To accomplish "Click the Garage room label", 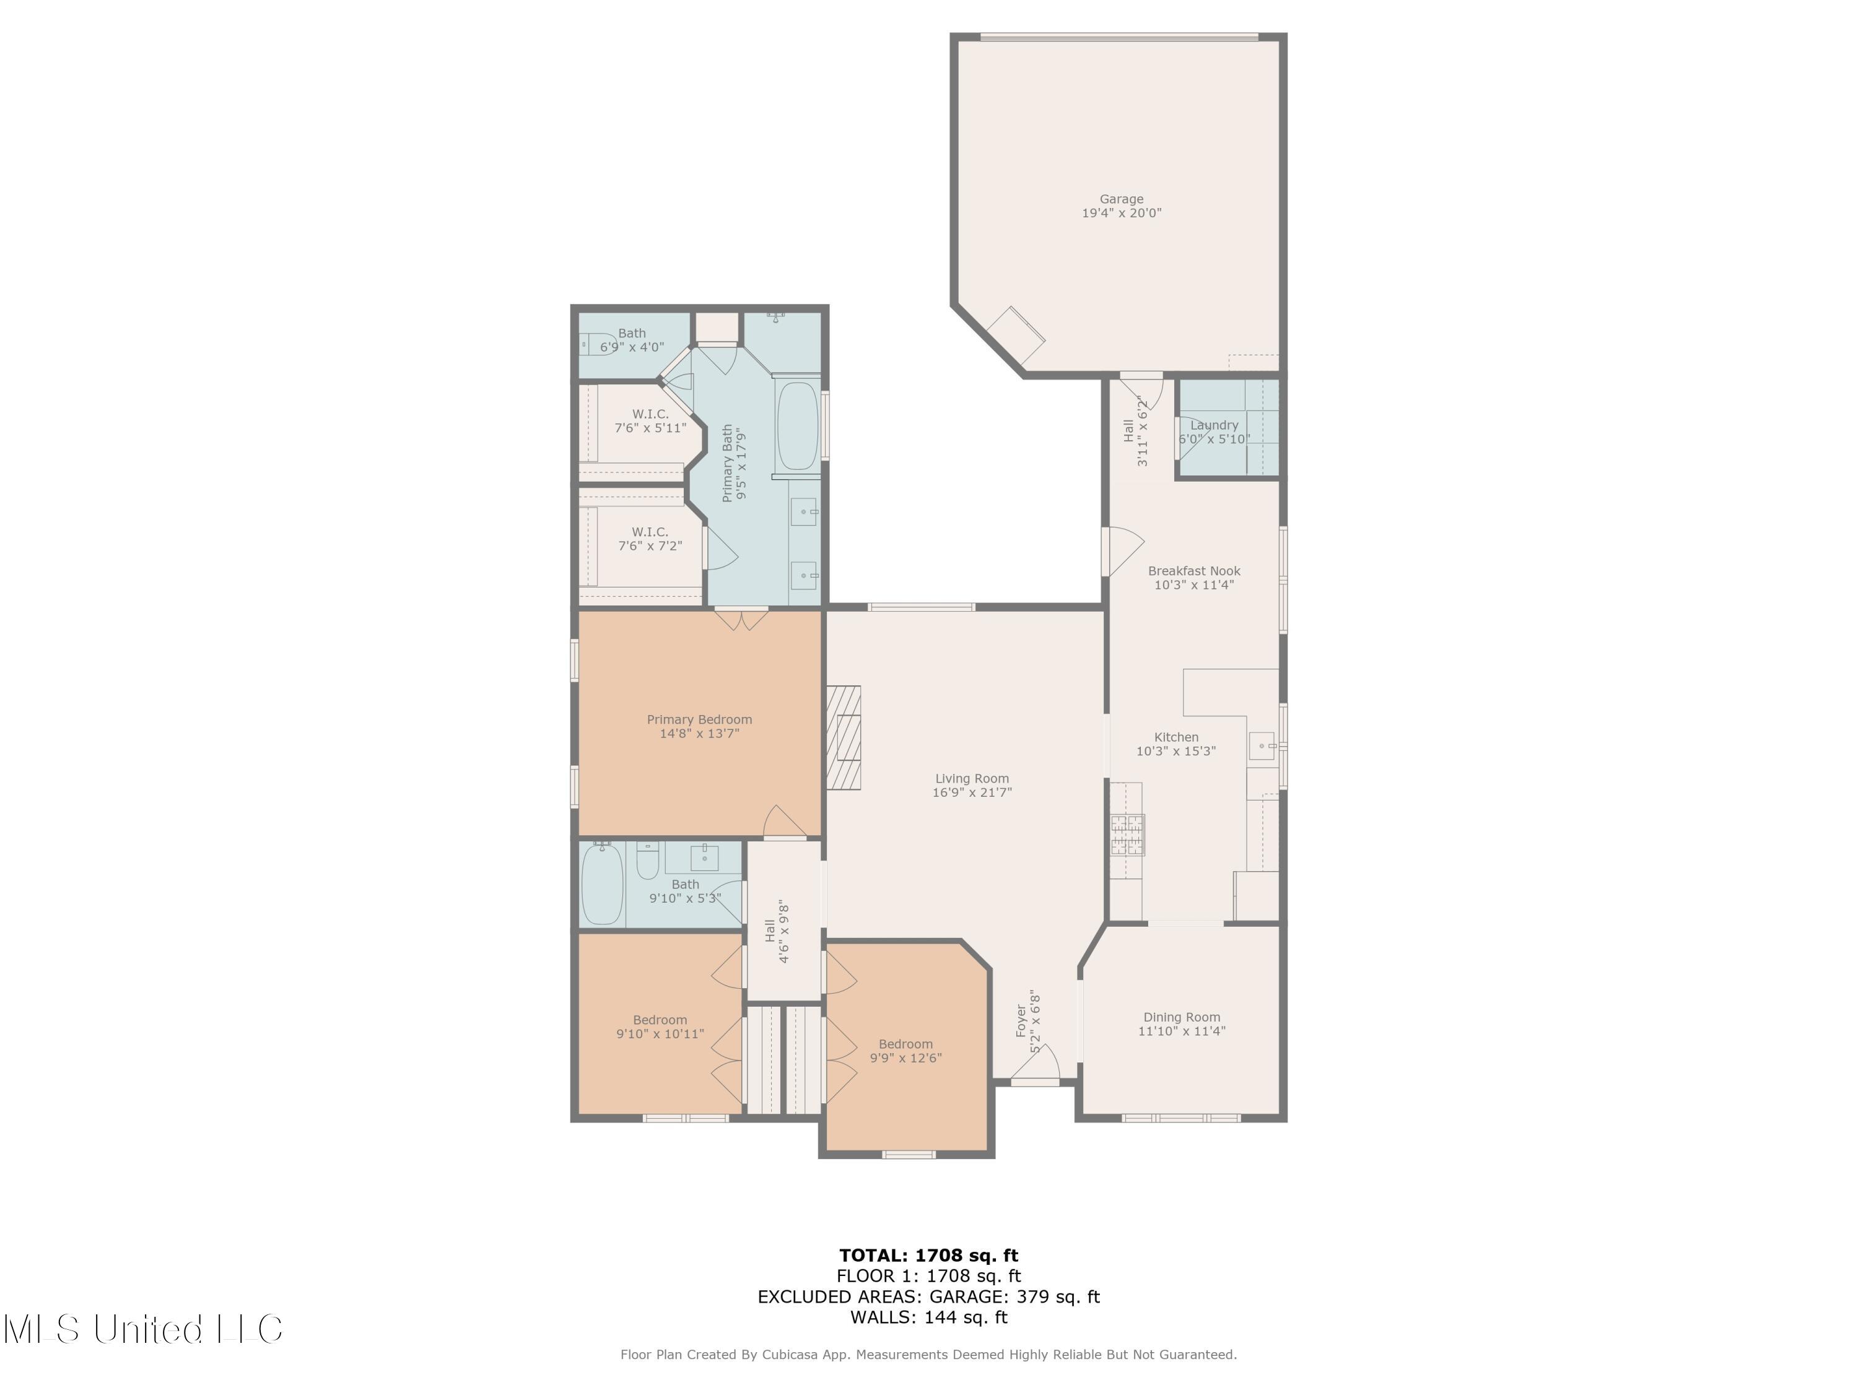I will (x=1122, y=199).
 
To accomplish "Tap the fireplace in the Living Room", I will (x=844, y=738).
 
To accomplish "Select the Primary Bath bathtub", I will (x=797, y=427).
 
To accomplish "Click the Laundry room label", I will (x=1214, y=425).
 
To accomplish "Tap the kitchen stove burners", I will (x=1127, y=835).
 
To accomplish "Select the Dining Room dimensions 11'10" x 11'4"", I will (x=1181, y=1031).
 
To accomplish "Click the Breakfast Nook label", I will (x=1193, y=571).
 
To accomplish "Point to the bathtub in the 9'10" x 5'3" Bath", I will (x=602, y=884).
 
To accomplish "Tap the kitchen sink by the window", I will (x=1261, y=745).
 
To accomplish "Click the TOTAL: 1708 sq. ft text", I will (x=928, y=1256).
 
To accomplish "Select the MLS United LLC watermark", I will (x=143, y=1329).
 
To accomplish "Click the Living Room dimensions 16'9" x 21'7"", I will (x=972, y=792).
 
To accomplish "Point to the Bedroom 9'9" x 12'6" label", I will (x=905, y=1044).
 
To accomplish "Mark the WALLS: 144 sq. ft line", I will (x=928, y=1317).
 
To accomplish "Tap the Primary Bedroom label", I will (x=699, y=719).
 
